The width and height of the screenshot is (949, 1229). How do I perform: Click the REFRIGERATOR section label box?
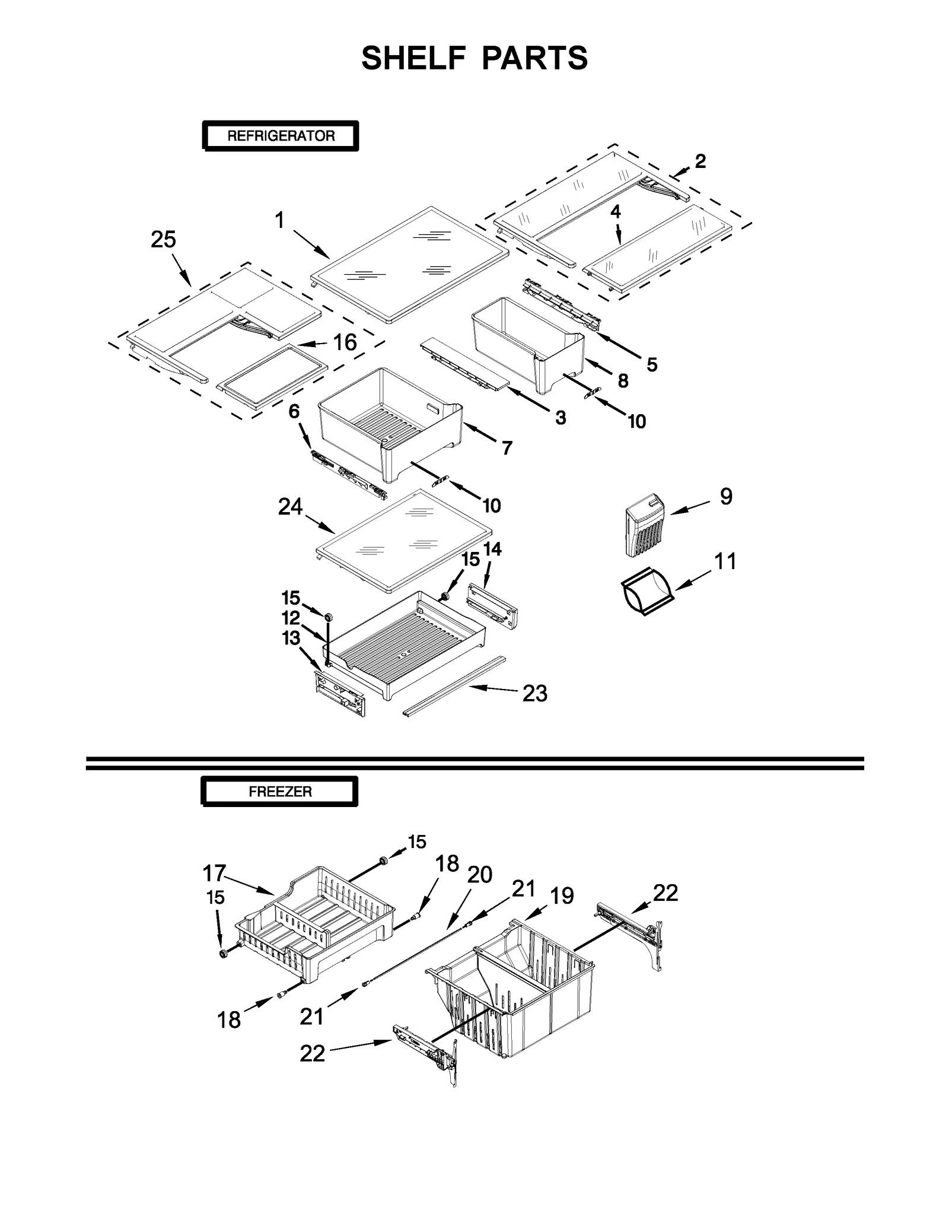pos(281,136)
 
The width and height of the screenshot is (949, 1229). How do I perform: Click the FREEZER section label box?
pos(280,792)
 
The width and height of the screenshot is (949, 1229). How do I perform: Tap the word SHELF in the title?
pos(413,58)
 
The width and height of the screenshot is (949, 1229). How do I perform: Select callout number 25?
pos(163,240)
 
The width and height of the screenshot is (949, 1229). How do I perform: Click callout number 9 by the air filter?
pos(726,496)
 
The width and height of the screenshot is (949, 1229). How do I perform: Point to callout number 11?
pos(725,561)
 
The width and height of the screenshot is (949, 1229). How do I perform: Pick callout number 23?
pos(534,693)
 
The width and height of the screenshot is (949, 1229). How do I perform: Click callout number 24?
pos(290,507)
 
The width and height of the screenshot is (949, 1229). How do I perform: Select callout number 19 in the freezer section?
pos(561,895)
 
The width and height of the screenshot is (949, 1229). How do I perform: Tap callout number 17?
pos(214,873)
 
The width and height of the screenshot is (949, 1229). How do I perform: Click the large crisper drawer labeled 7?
pos(391,427)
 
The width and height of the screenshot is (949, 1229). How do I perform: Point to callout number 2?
pos(700,161)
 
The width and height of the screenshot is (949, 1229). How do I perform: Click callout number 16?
pos(345,342)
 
